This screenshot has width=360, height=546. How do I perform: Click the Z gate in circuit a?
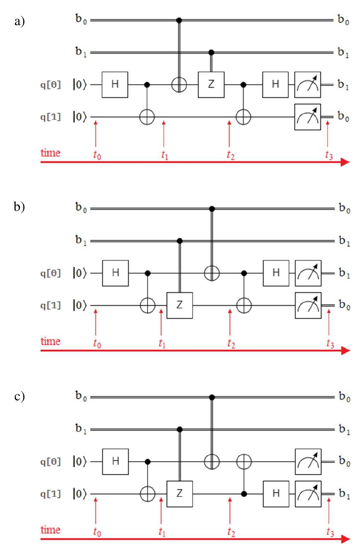coord(211,85)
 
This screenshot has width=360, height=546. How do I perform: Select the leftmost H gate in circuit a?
coord(115,85)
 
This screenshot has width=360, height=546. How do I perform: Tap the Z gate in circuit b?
coord(180,305)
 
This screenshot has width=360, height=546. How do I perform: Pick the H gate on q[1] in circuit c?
coord(276,494)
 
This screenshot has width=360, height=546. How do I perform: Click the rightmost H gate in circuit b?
coord(276,273)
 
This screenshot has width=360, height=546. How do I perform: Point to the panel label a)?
coord(19,22)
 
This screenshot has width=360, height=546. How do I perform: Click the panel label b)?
coord(19,206)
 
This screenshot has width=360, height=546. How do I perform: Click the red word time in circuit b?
coord(50,342)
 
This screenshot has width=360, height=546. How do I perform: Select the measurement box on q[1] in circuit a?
coord(308,117)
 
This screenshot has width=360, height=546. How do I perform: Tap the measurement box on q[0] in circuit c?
coord(308,462)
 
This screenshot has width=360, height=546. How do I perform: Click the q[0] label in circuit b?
coord(50,274)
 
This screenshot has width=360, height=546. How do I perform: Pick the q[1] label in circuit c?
coord(50,494)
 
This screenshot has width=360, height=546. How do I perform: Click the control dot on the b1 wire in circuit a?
coord(211,52)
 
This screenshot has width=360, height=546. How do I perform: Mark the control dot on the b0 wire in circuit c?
coord(212,397)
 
